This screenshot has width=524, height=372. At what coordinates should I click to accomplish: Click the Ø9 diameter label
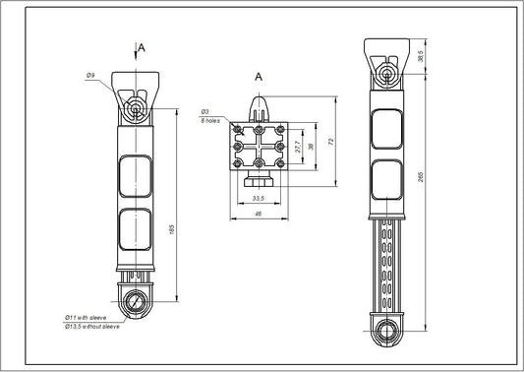(x=89, y=76)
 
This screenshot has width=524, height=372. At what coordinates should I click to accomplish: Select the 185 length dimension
(x=173, y=229)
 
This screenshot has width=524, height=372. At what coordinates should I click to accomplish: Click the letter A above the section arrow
(x=143, y=46)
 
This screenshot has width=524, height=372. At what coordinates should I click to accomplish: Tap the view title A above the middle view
(x=258, y=76)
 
